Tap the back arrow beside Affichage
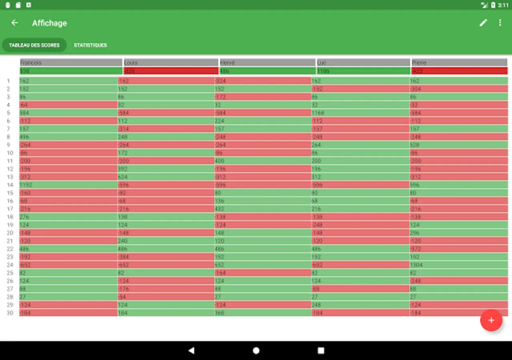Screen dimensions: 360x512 coord(15,23)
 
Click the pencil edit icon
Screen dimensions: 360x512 coord(483,23)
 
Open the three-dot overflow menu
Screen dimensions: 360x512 coord(500,23)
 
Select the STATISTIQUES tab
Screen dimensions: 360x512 coord(90,45)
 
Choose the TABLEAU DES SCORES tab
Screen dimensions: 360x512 coord(34,45)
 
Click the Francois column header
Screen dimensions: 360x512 coord(71,62)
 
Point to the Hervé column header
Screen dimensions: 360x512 coord(267,62)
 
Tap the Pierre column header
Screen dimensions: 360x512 coord(459,62)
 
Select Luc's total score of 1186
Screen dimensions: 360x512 coord(363,71)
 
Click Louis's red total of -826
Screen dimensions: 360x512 coord(171,71)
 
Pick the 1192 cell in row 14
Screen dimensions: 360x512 coord(68,185)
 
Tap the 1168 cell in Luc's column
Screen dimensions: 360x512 coord(360,113)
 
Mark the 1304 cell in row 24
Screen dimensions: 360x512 coord(458,265)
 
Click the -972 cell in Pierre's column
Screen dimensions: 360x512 coord(458,249)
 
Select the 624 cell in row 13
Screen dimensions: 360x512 coord(166,177)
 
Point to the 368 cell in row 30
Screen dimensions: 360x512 coord(262,313)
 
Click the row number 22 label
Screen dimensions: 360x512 coord(10,249)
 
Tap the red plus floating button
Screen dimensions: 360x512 coord(491,320)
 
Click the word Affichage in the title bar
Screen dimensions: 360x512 coord(50,23)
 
